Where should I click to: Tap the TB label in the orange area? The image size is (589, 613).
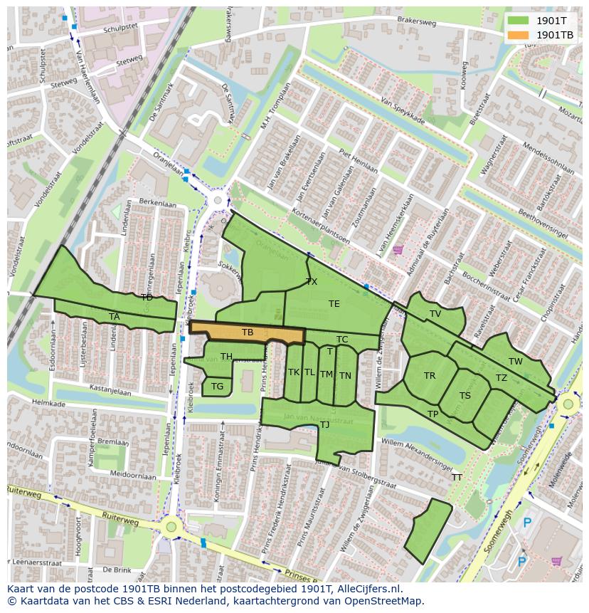[248, 332]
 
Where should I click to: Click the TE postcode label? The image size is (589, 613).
[334, 304]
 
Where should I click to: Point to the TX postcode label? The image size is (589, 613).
[312, 282]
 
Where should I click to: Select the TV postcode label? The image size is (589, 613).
[435, 314]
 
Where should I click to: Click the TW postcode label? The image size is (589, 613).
[516, 362]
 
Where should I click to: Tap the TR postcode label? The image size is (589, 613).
[430, 376]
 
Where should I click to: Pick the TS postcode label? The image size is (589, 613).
[465, 396]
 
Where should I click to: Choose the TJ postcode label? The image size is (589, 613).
[324, 425]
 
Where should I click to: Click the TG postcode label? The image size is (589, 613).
[218, 387]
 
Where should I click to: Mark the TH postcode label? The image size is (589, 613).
[226, 357]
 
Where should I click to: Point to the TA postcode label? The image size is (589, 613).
[115, 317]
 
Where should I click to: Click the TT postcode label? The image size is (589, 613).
[457, 478]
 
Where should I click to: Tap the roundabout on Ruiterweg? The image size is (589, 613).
[171, 528]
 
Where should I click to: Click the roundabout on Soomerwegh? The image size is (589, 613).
[567, 405]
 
